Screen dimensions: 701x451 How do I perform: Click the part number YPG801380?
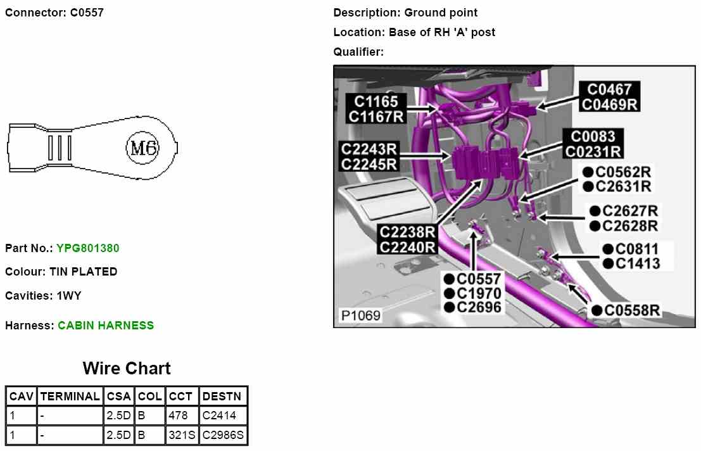pyautogui.click(x=87, y=248)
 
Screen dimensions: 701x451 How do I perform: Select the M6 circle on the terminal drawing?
pyautogui.click(x=142, y=148)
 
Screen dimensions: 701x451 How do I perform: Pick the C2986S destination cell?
pyautogui.click(x=223, y=435)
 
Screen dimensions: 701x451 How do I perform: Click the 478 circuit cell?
pyautogui.click(x=182, y=416)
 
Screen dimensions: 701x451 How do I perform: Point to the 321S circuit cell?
pyautogui.click(x=182, y=435)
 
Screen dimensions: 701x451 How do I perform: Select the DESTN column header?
pyautogui.click(x=222, y=396)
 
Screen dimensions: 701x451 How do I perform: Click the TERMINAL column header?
pyautogui.click(x=70, y=396)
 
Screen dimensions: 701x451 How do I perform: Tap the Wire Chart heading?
pyautogui.click(x=127, y=368)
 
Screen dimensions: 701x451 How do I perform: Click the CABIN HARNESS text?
pyautogui.click(x=106, y=326)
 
